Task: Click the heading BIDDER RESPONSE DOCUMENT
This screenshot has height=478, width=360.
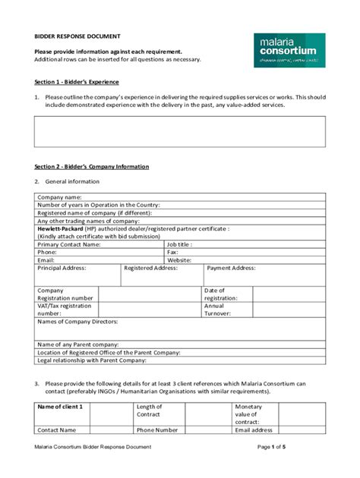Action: (77, 36)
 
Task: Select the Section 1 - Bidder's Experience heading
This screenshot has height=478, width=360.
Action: (77, 81)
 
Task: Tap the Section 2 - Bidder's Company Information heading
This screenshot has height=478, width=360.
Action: (92, 166)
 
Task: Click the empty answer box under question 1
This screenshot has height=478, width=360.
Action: (180, 131)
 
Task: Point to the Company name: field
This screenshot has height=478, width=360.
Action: (60, 197)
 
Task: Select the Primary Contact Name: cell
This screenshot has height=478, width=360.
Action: (69, 244)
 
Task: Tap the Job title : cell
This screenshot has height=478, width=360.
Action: (179, 244)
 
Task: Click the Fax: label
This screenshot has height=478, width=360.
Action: (174, 252)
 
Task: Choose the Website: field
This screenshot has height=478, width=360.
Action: (179, 259)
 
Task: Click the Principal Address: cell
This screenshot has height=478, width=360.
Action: (62, 268)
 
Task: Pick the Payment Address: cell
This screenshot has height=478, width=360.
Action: (232, 268)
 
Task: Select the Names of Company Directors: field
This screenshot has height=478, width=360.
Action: (77, 322)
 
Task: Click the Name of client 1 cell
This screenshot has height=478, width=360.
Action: (61, 407)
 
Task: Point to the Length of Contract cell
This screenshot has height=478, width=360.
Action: (150, 410)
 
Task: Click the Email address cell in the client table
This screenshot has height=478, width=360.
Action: (254, 429)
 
